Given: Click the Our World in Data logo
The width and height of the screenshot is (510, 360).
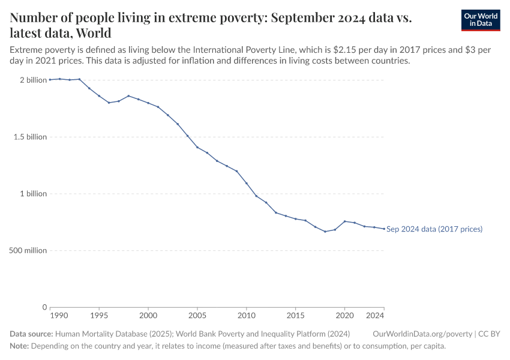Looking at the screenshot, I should coord(480,20).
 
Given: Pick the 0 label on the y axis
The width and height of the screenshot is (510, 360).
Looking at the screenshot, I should coord(44,307).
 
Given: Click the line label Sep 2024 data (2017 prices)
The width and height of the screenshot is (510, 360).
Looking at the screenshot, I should coord(434,229).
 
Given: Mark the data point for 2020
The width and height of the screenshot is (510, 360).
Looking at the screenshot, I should coord(344,221).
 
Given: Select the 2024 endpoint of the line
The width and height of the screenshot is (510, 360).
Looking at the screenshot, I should coord(384,229).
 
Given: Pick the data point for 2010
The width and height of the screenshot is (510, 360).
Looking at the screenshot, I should coord(246,183).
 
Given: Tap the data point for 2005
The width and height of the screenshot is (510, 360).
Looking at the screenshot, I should coord(197,147).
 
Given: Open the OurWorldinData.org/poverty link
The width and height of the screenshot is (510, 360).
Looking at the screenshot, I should coord(422,334).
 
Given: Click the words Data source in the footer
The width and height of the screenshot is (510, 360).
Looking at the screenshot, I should coord(31,334).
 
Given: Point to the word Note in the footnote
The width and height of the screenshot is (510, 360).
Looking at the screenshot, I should coord(19,346).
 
